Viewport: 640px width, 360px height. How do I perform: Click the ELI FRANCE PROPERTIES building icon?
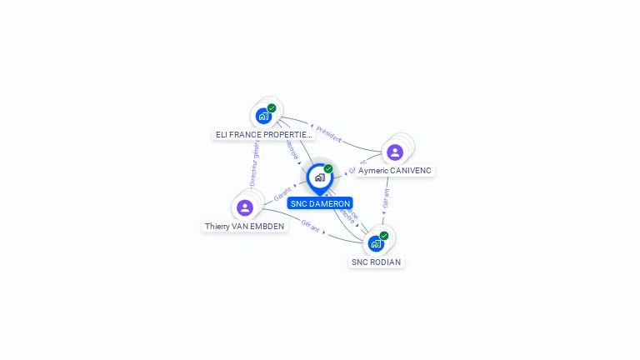click(x=264, y=116)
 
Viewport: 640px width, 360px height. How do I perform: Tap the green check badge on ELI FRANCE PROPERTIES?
click(x=272, y=108)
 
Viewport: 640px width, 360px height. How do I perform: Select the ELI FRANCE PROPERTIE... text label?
click(x=263, y=134)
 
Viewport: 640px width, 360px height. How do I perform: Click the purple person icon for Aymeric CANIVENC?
click(x=395, y=152)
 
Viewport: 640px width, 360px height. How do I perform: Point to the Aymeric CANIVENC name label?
click(x=396, y=170)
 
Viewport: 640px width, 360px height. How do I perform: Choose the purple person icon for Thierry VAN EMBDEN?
click(x=244, y=207)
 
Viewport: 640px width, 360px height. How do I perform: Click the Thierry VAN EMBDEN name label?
click(x=245, y=226)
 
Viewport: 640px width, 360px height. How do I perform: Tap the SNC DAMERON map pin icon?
click(x=319, y=177)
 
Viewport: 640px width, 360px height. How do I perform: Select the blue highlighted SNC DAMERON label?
click(x=320, y=203)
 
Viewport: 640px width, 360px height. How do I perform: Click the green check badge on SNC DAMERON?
click(x=328, y=169)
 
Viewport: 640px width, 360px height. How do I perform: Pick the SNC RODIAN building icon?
click(x=376, y=243)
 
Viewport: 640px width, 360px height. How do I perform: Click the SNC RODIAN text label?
click(x=376, y=262)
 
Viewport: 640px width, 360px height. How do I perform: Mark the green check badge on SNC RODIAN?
click(x=384, y=236)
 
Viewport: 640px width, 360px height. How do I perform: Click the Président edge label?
click(x=329, y=135)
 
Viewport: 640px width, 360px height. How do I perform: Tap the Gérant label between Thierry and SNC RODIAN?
click(x=311, y=226)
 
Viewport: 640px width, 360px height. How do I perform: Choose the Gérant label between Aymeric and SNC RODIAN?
click(x=386, y=200)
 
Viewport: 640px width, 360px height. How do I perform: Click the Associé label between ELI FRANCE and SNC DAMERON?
click(x=292, y=150)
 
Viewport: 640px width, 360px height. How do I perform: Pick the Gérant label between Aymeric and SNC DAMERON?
click(x=356, y=166)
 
